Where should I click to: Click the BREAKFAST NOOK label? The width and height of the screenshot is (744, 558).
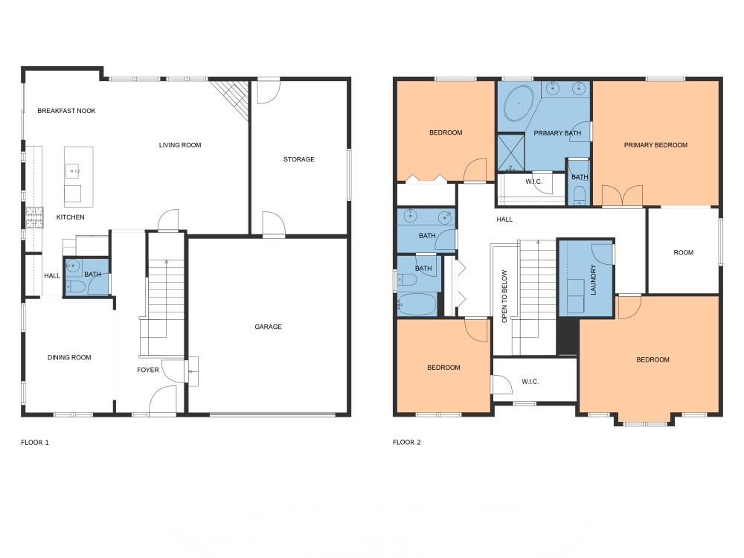pyautogui.click(x=66, y=111)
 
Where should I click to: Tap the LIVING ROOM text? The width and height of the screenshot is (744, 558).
pyautogui.click(x=180, y=145)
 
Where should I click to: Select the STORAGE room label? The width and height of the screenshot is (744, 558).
pyautogui.click(x=299, y=159)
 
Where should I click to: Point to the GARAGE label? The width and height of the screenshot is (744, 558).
pyautogui.click(x=268, y=327)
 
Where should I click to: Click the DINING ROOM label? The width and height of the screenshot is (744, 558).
pyautogui.click(x=69, y=358)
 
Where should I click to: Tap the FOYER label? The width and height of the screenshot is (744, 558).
pyautogui.click(x=147, y=370)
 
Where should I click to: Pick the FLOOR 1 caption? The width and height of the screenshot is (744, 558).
pyautogui.click(x=35, y=443)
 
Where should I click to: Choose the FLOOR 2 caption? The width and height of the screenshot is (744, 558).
pyautogui.click(x=407, y=442)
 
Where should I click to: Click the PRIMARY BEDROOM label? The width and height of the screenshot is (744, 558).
pyautogui.click(x=655, y=145)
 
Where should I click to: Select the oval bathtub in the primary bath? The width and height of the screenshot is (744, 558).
pyautogui.click(x=519, y=103)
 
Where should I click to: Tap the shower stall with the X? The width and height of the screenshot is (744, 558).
pyautogui.click(x=510, y=153)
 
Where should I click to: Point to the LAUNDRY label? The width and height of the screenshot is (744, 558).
pyautogui.click(x=593, y=280)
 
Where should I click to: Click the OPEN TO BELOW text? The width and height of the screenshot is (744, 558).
pyautogui.click(x=504, y=297)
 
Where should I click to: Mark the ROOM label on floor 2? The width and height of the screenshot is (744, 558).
pyautogui.click(x=683, y=253)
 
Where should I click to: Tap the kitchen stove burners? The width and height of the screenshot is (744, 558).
pyautogui.click(x=34, y=218)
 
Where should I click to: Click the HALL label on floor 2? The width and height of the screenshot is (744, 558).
pyautogui.click(x=504, y=219)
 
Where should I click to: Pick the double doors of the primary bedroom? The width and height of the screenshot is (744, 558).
pyautogui.click(x=622, y=196)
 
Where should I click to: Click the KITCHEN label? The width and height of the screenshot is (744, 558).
pyautogui.click(x=70, y=217)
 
